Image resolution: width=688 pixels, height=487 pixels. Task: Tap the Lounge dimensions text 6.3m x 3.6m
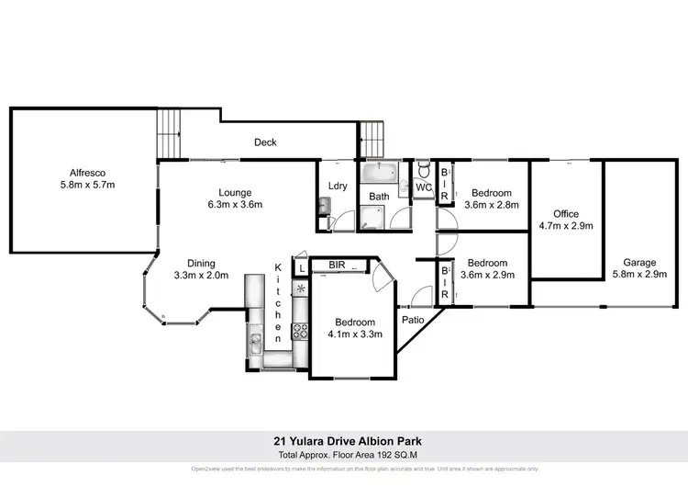(x=228, y=205)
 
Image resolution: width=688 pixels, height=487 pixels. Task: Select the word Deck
(x=265, y=142)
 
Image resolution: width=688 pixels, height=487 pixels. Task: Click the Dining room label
(x=201, y=262)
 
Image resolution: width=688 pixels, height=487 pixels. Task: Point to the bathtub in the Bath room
(x=378, y=173)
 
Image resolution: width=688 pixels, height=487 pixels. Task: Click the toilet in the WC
(x=423, y=170)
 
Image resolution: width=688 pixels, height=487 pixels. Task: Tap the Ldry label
(x=336, y=187)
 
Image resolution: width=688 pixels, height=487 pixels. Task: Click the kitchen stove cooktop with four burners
(x=298, y=332)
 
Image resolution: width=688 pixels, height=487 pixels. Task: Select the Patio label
(x=411, y=321)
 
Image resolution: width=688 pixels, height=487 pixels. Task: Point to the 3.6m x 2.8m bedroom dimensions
(x=492, y=205)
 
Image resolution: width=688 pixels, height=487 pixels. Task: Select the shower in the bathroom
(x=373, y=218)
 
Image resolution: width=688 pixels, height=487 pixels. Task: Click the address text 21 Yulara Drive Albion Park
(x=344, y=439)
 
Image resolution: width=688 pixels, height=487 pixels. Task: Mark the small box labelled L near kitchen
(x=301, y=267)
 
